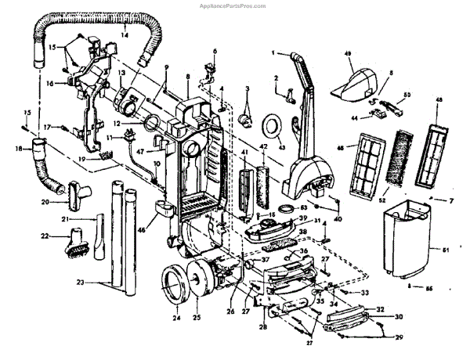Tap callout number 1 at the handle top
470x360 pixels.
[x=273, y=53]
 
